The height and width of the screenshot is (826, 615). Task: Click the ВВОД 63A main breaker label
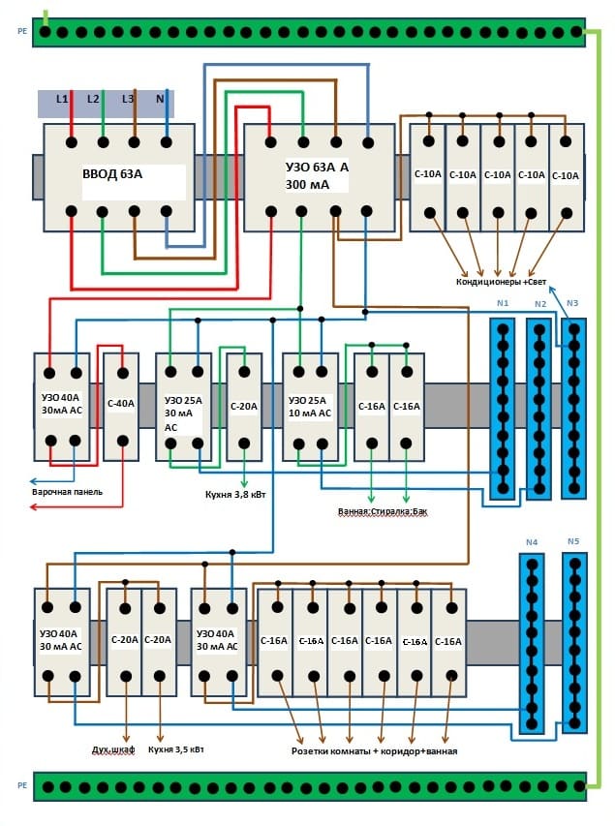click(x=112, y=175)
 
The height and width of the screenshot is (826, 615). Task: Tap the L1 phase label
click(x=62, y=99)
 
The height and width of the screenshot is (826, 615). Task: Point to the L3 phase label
click(x=129, y=99)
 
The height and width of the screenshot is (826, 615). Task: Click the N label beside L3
click(x=162, y=99)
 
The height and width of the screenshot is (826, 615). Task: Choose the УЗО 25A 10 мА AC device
click(x=310, y=406)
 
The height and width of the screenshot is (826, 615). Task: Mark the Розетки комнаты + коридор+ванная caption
click(x=374, y=751)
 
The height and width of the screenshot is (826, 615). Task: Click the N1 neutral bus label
click(x=502, y=303)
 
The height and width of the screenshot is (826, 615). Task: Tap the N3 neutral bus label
click(x=572, y=303)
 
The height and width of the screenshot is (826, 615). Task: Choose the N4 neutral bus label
click(x=531, y=542)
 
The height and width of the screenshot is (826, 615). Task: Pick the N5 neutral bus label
click(x=572, y=542)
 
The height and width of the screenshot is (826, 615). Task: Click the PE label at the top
click(x=21, y=31)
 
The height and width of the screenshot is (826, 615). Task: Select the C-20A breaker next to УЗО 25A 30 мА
click(x=243, y=406)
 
